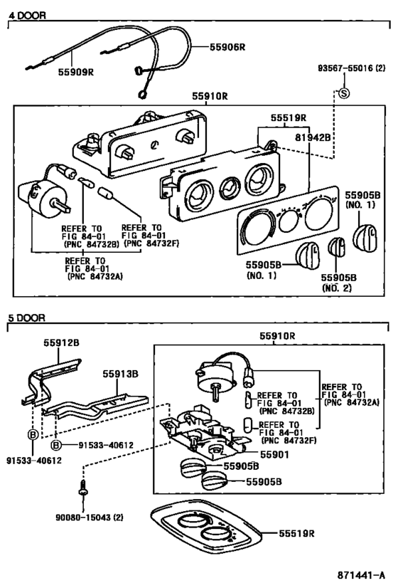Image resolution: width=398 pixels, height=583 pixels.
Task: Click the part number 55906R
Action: tap(227, 47)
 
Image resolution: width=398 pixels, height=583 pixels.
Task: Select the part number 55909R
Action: tap(76, 72)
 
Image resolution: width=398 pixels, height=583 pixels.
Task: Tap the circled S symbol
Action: tap(344, 93)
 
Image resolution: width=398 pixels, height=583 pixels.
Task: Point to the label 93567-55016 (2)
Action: tap(352, 68)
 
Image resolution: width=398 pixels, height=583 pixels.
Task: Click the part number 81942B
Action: tap(313, 137)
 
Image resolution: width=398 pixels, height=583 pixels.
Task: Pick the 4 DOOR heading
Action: tap(27, 16)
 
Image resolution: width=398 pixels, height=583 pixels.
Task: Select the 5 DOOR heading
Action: tap(27, 318)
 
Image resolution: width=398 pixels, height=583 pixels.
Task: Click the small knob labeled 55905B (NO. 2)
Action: tap(336, 247)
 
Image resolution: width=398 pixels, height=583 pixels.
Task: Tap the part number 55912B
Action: tap(61, 342)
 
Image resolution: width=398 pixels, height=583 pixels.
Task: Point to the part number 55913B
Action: tap(120, 374)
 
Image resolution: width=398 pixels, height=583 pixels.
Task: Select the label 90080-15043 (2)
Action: tap(89, 518)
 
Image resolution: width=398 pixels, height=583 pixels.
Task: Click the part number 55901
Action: tap(274, 454)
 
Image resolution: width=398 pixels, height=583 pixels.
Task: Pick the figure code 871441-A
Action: tap(361, 575)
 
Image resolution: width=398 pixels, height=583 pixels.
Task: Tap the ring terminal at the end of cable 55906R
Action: tap(141, 95)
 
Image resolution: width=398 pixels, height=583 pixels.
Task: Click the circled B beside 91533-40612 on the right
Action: tap(55, 445)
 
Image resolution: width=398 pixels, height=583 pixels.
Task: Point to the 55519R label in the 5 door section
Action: tap(296, 534)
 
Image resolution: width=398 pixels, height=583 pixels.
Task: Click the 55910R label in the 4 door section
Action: tap(210, 96)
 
